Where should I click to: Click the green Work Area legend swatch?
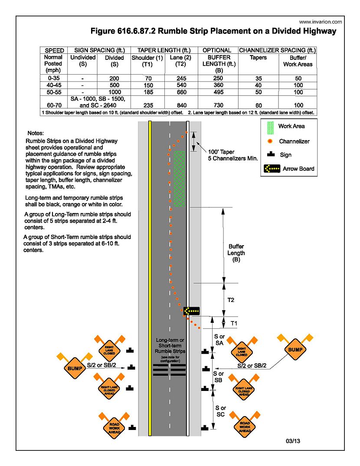pos(269,126)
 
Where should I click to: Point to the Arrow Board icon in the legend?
pos(271,168)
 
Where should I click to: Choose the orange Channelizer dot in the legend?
pos(270,141)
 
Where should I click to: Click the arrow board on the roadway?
pos(191,311)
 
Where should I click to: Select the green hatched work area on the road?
pos(179,178)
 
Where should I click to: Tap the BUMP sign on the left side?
pos(72,368)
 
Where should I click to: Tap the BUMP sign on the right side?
pos(295,349)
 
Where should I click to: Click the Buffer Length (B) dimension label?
pos(236,253)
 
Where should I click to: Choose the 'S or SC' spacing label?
pos(220,411)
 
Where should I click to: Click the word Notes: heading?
pos(36,132)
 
